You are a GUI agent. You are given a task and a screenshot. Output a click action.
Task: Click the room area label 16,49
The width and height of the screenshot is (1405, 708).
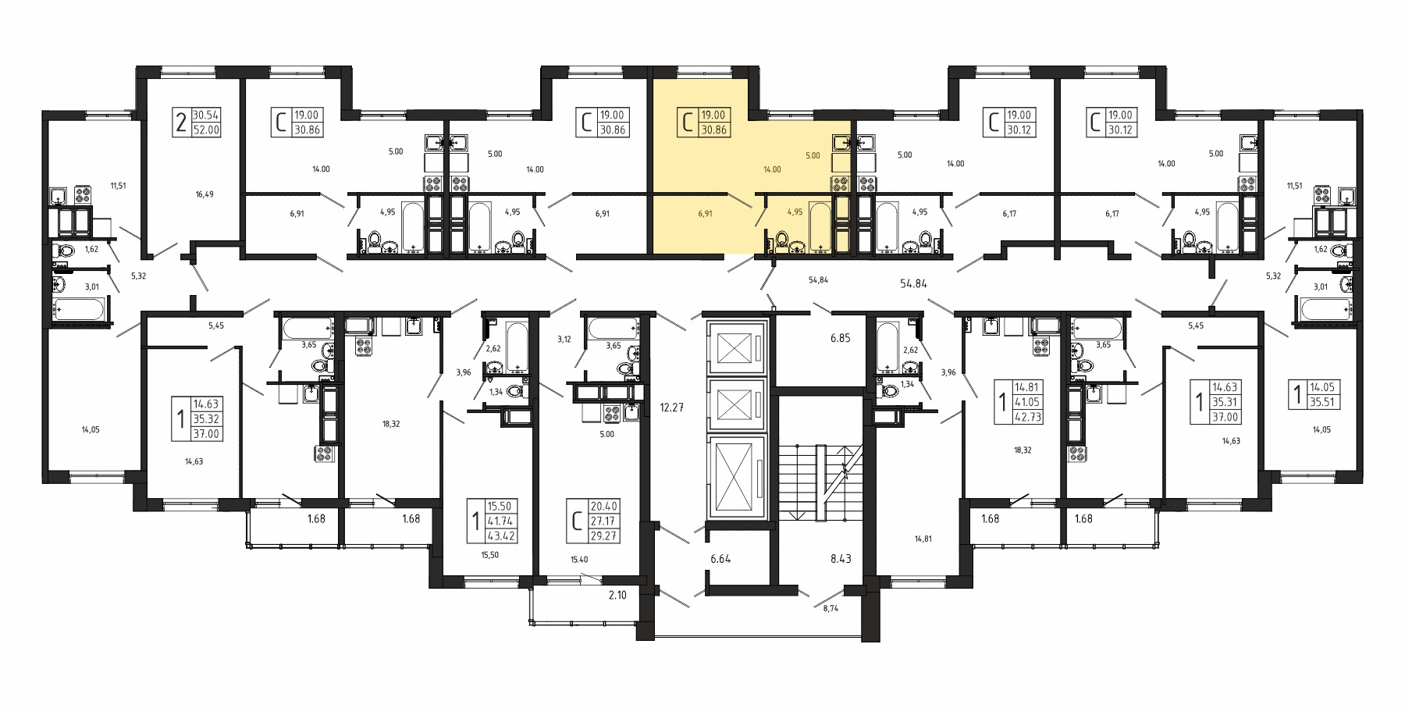pyautogui.click(x=204, y=194)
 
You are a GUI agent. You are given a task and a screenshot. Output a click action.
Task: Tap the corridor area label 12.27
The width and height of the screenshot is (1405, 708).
pyautogui.click(x=671, y=407)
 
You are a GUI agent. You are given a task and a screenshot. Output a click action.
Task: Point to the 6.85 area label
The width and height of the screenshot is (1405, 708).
pyautogui.click(x=840, y=338)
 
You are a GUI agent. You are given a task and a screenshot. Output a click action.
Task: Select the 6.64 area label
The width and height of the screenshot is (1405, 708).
pyautogui.click(x=720, y=559)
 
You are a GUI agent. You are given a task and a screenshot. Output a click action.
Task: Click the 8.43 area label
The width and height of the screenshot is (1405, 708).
pyautogui.click(x=841, y=559)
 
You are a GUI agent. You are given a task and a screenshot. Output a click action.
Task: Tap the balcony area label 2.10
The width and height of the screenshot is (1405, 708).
pyautogui.click(x=617, y=596)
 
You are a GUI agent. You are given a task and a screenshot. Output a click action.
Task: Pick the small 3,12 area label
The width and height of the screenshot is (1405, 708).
pyautogui.click(x=564, y=339)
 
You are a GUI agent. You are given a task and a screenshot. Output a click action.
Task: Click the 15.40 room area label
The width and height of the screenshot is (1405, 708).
pyautogui.click(x=579, y=560)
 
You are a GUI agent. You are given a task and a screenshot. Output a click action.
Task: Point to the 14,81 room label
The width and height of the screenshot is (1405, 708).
pyautogui.click(x=923, y=539)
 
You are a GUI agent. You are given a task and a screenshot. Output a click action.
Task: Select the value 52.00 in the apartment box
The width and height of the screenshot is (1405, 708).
pyautogui.click(x=206, y=130)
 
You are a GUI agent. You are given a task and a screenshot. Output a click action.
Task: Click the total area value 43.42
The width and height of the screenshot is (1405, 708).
pyautogui.click(x=501, y=536)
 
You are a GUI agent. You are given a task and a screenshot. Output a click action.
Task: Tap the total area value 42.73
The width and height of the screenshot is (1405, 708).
pyautogui.click(x=1026, y=417)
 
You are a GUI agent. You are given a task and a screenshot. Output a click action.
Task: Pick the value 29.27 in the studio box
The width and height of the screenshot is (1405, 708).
pyautogui.click(x=604, y=536)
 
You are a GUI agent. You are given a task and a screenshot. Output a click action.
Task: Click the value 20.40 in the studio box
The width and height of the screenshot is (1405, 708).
pyautogui.click(x=604, y=507)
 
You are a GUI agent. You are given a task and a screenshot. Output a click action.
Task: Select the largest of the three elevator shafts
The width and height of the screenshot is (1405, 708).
pyautogui.click(x=734, y=475)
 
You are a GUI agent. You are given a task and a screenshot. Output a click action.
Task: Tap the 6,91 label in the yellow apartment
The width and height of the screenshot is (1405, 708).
pyautogui.click(x=705, y=213)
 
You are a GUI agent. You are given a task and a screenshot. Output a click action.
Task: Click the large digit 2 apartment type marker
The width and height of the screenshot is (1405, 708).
pyautogui.click(x=181, y=123)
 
